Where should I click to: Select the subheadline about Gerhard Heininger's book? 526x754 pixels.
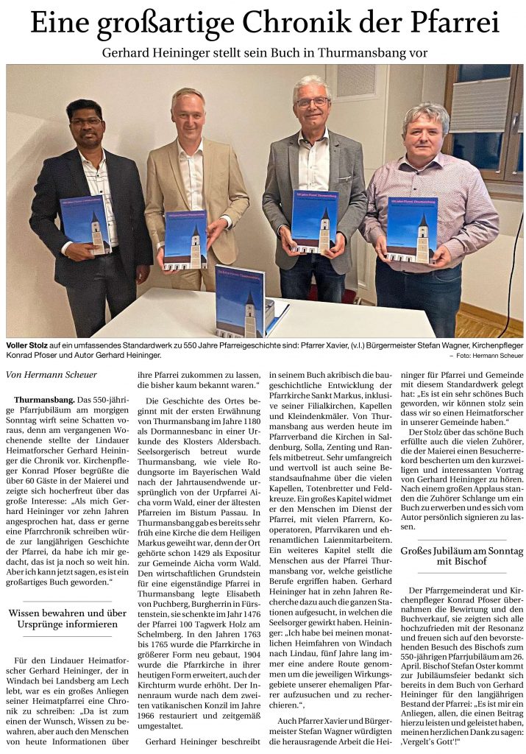(x=264, y=53)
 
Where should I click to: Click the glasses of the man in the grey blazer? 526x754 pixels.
(x=312, y=102)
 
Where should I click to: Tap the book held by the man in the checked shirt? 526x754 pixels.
(x=413, y=229)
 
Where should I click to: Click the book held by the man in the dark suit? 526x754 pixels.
(x=85, y=224)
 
